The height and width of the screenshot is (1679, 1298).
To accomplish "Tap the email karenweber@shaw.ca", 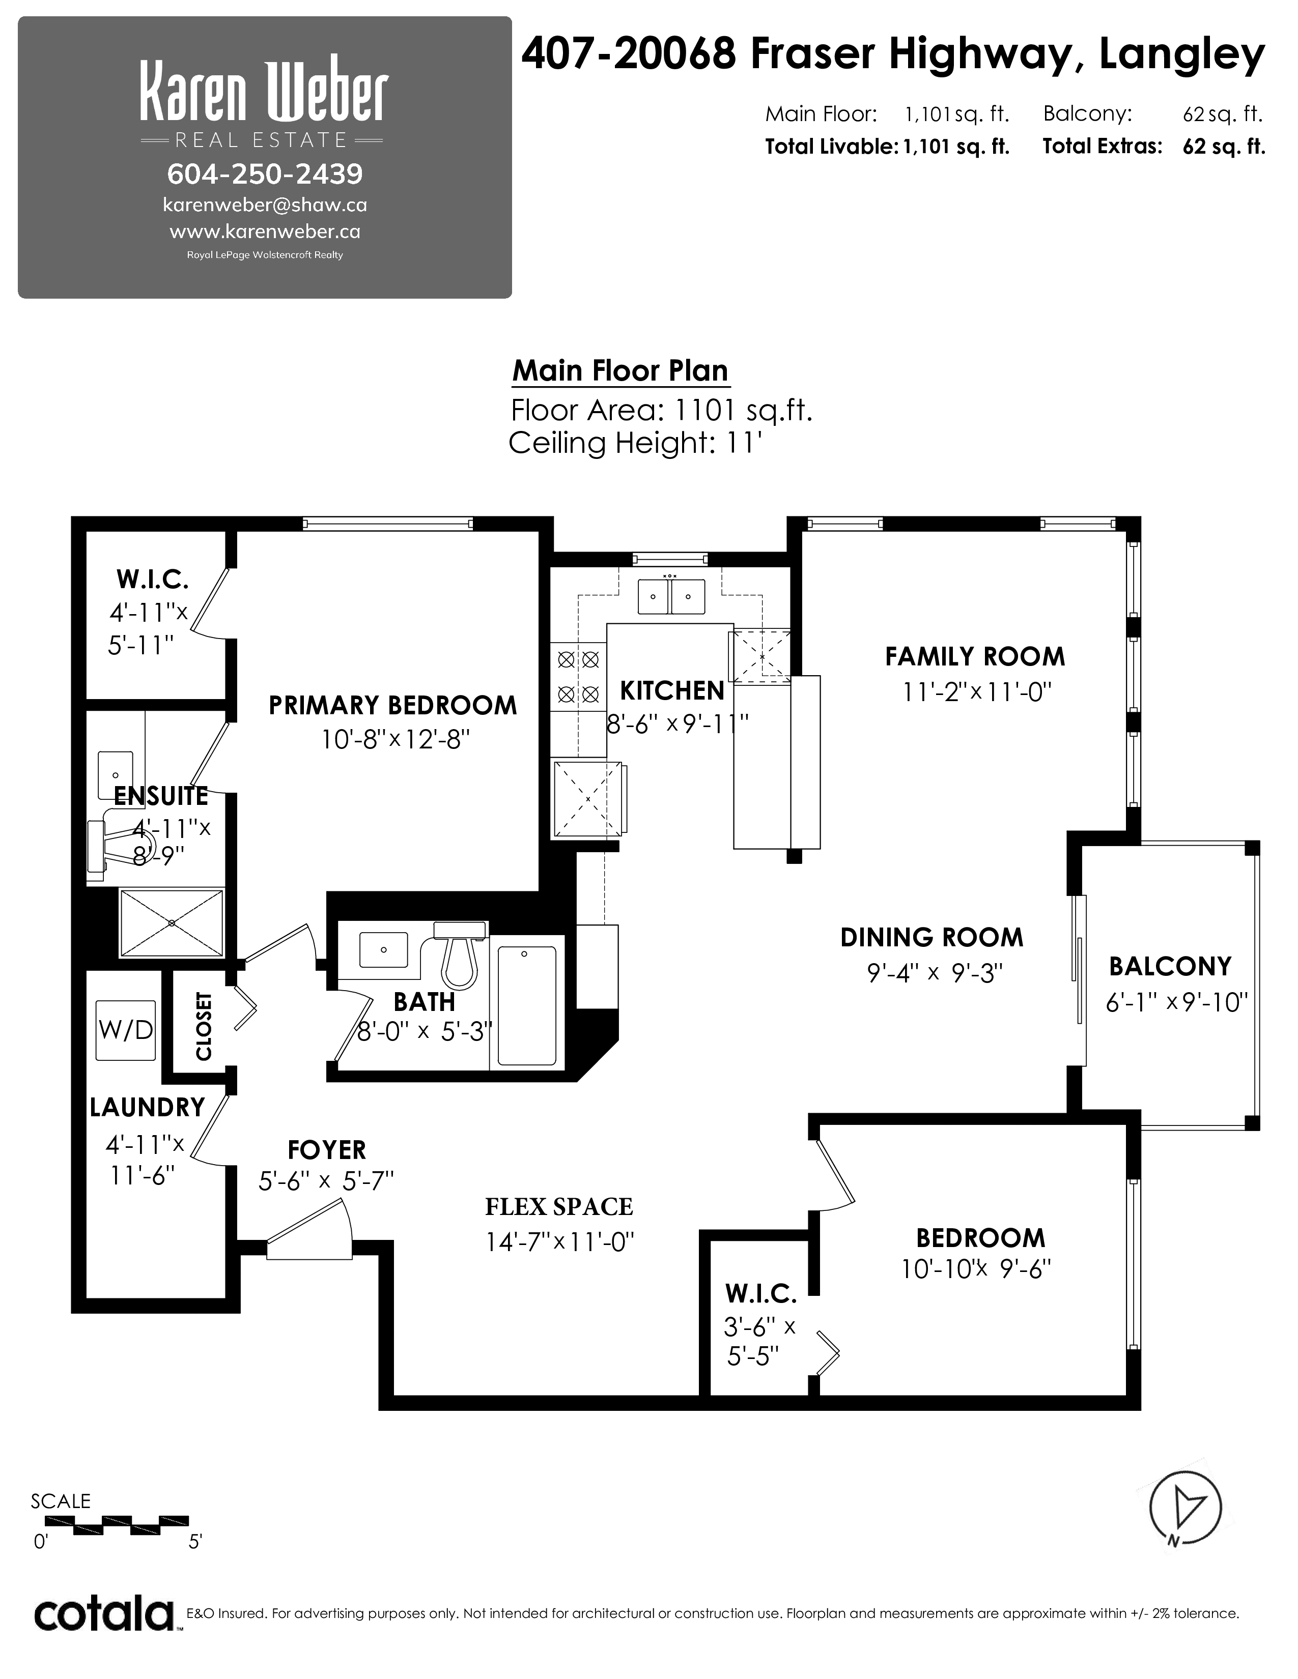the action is click(x=265, y=205).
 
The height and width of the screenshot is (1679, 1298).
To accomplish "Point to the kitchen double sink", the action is click(x=670, y=596).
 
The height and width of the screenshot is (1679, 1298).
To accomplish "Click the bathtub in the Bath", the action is click(x=527, y=1005).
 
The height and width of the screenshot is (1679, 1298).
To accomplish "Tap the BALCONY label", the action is click(x=1170, y=966).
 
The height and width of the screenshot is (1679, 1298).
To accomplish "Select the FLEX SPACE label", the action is click(x=559, y=1206).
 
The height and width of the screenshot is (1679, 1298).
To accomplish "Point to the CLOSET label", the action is click(x=204, y=1026).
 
